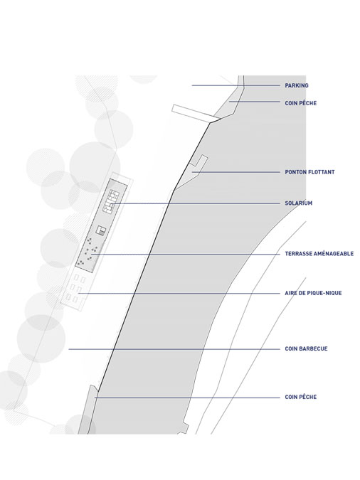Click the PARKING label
pos(297,85)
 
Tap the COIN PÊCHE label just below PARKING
pos(300,103)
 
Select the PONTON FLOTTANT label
pos(309,172)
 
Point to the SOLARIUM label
pos(298,203)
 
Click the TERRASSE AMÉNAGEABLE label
pos(319,253)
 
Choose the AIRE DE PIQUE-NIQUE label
pos(313,293)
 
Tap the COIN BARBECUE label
pos(306,348)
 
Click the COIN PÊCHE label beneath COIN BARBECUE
pos(300,397)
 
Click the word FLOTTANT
pos(322,172)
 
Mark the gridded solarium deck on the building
pos(110,201)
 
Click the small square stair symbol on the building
pos(100,230)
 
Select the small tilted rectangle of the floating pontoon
pos(199,161)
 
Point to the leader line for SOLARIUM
pos(195,203)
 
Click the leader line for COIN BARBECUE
pos(174,349)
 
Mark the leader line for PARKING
pos(236,85)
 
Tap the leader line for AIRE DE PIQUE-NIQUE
pos(179,294)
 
